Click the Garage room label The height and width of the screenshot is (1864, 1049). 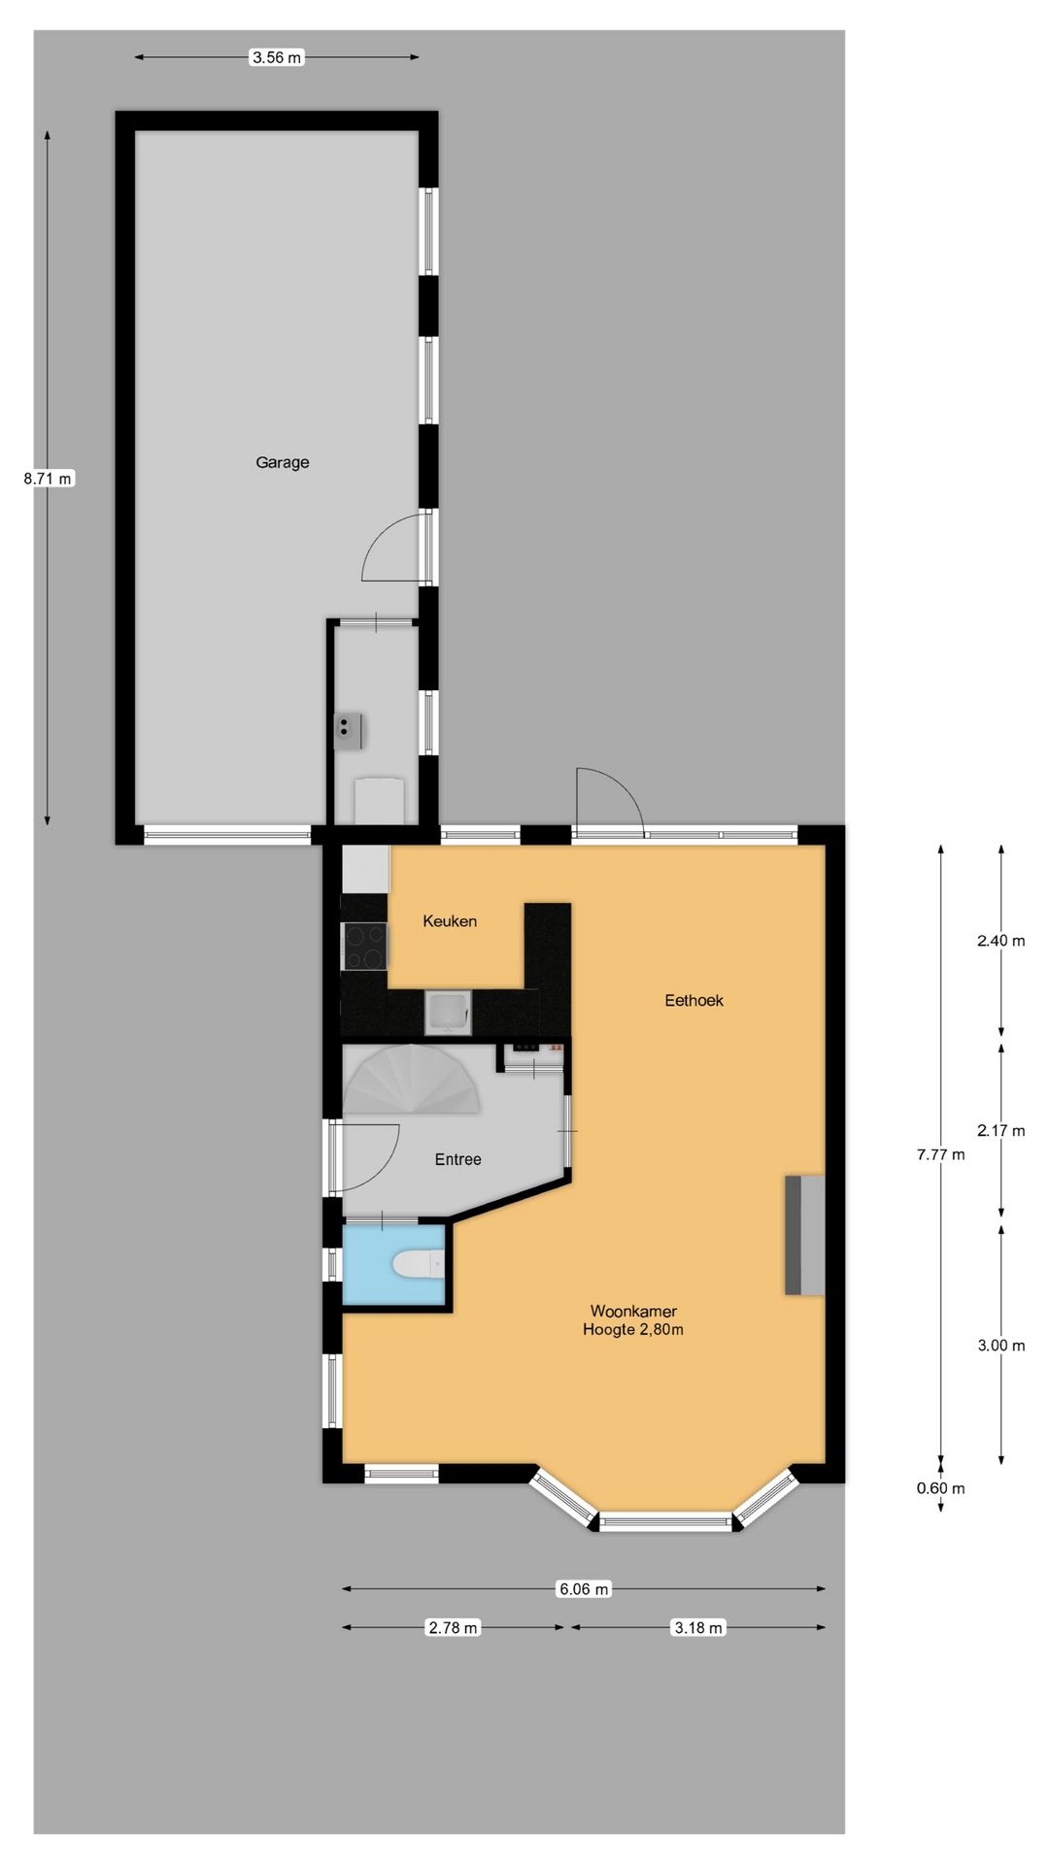[283, 463]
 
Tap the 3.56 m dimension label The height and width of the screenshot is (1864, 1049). [277, 57]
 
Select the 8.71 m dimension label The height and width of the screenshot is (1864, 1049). [49, 479]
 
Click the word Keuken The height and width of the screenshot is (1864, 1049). [450, 921]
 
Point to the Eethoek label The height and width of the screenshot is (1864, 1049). [694, 1001]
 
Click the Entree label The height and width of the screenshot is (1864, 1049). [457, 1160]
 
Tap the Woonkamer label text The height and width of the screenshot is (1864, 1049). [633, 1312]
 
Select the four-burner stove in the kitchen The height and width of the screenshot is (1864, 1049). [365, 947]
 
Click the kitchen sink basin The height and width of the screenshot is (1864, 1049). [449, 1013]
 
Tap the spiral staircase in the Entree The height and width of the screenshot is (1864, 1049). [412, 1080]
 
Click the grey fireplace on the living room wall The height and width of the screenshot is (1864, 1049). [805, 1235]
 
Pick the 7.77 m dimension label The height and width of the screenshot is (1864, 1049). [940, 1155]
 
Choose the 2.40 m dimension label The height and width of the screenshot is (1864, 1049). [1001, 941]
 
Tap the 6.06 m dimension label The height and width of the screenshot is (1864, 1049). [583, 1589]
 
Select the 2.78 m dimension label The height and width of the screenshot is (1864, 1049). [453, 1628]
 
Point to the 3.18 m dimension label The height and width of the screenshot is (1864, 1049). [698, 1628]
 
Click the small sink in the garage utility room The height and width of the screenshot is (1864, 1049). [348, 731]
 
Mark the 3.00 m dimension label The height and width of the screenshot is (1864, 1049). [1001, 1347]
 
